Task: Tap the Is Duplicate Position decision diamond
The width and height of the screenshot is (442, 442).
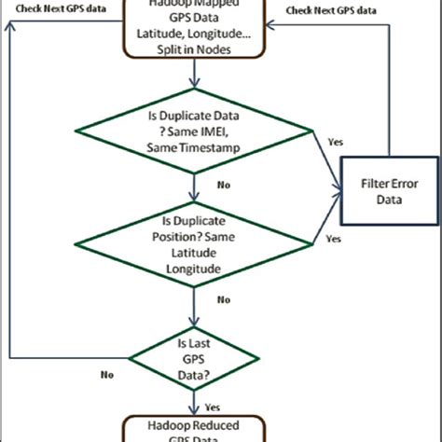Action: click(194, 246)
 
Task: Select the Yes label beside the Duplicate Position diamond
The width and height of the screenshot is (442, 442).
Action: click(333, 239)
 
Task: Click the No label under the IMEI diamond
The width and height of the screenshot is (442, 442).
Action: click(224, 186)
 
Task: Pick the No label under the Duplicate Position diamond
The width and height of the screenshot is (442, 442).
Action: click(224, 299)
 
